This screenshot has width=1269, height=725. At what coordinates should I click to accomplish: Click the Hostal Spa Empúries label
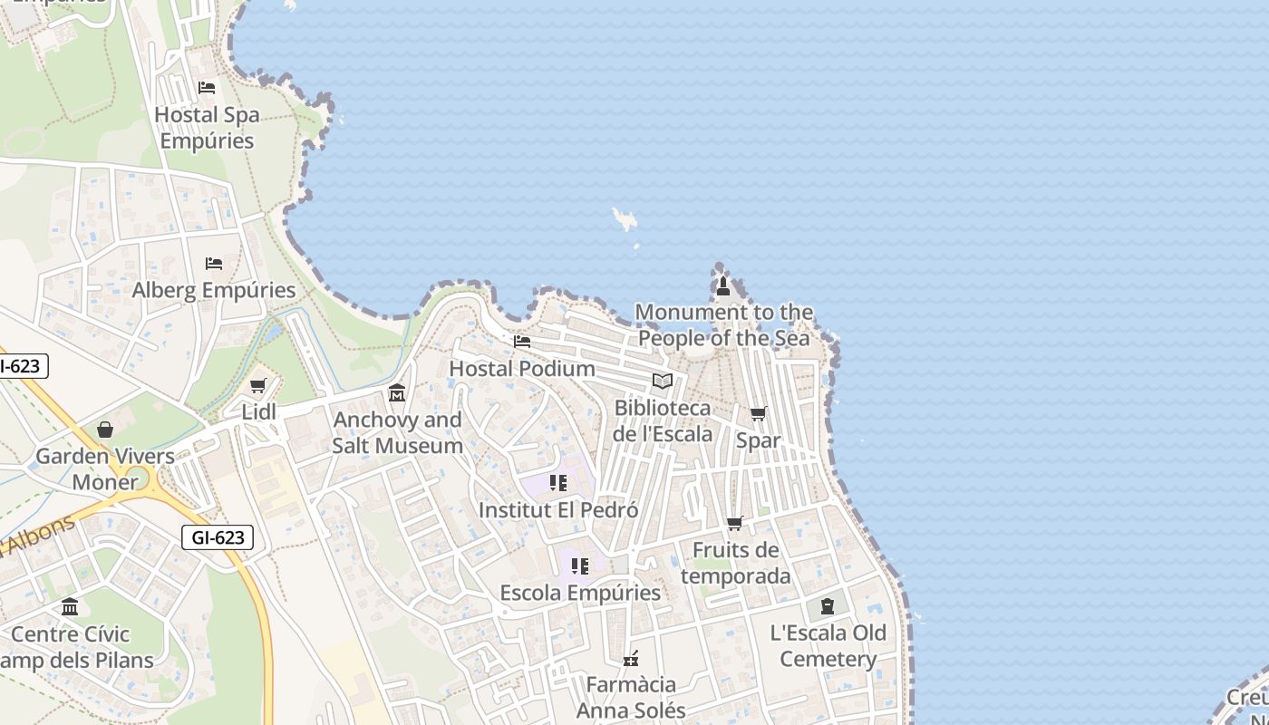(207, 128)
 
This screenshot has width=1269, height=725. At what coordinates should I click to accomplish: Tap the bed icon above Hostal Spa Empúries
(207, 88)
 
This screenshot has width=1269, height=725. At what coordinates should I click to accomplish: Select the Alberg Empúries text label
(214, 290)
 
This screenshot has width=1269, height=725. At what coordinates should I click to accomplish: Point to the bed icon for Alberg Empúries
(214, 264)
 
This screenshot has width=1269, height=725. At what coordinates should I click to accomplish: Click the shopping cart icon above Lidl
(258, 386)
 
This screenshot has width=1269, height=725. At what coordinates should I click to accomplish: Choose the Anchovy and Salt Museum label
(397, 432)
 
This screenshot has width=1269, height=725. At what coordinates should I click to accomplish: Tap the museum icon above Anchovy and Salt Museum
(397, 393)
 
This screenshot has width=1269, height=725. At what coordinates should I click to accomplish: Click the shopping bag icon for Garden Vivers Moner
(105, 430)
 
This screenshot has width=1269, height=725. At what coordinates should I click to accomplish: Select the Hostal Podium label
(522, 369)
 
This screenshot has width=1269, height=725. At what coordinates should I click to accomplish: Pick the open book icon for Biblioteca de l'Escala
(663, 382)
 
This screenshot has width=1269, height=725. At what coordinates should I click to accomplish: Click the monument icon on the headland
(723, 286)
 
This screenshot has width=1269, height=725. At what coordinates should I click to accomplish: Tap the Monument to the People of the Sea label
(724, 325)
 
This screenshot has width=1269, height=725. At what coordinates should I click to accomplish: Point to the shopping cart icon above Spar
(758, 414)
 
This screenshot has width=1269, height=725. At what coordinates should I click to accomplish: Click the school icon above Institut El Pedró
(558, 483)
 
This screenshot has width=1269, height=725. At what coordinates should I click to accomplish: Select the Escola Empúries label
(580, 593)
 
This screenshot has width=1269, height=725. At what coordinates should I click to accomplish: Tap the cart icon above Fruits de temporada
(735, 524)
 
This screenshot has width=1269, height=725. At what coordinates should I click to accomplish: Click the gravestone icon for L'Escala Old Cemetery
(828, 606)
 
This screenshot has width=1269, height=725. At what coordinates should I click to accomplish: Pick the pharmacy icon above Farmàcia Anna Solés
(631, 659)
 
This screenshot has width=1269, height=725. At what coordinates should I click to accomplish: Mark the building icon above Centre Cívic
(70, 607)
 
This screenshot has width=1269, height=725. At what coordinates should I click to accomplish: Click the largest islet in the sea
(624, 218)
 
